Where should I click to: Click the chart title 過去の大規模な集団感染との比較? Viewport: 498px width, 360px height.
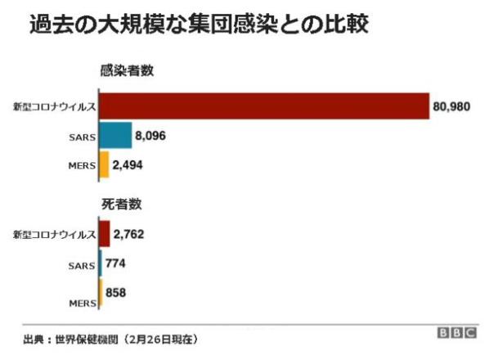pyautogui.click(x=200, y=25)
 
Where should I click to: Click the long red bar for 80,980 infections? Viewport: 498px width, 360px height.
pyautogui.click(x=264, y=106)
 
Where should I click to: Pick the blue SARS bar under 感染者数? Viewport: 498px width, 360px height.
pyautogui.click(x=115, y=135)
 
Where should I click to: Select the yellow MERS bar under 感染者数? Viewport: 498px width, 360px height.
pyautogui.click(x=104, y=164)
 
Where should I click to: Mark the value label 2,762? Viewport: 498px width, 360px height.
pyautogui.click(x=129, y=235)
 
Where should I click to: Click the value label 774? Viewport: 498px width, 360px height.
pyautogui.click(x=115, y=263)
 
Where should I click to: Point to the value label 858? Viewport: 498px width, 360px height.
pyautogui.click(x=116, y=292)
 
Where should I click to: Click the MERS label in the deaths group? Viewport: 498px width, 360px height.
pyautogui.click(x=82, y=302)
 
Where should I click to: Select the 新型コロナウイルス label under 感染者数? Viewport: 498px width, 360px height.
pyautogui.click(x=54, y=107)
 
